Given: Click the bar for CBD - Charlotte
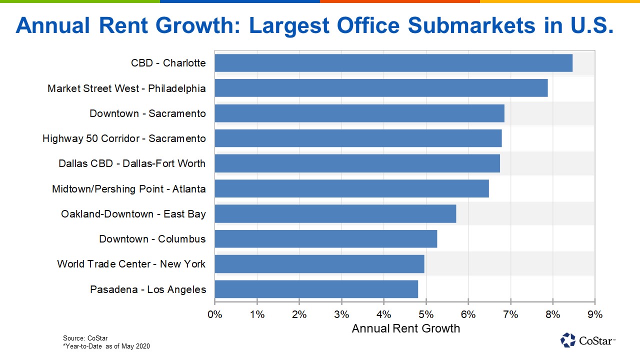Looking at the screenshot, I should coord(393,63).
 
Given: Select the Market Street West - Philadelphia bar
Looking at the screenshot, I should coord(381,88).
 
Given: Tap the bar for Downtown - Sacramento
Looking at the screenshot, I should coord(359,113).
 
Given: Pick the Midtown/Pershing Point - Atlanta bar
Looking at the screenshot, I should coord(351,189).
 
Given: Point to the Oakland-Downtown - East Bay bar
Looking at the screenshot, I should coord(335,214).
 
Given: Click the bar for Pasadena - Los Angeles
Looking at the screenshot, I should coord(316,289).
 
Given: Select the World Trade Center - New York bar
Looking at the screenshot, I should coord(319,264).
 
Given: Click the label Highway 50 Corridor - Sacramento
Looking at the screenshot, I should coord(124,138).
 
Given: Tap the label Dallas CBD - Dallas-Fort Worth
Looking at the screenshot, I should coord(132,163).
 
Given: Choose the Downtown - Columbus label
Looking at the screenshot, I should coord(152,239).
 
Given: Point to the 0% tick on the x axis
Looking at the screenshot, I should coord(214,314).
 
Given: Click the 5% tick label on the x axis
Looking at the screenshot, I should coord(426,314).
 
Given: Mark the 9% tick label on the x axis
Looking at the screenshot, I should coord(595,314).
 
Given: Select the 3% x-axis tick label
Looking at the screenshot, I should coord(341,314).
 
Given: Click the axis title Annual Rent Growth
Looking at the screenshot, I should coord(405,328).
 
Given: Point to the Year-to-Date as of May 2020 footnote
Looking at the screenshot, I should coord(106,346).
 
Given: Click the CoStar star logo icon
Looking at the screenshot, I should coord(568,340).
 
